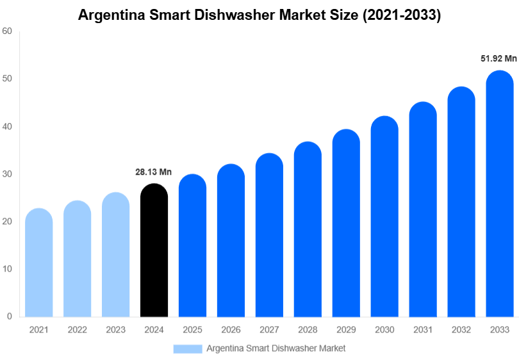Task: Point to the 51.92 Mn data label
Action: coord(498,58)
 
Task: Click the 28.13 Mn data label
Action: coord(153,172)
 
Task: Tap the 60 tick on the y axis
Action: coord(7,31)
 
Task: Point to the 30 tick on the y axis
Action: coord(7,174)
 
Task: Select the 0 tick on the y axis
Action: coord(10,316)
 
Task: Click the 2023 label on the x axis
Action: coord(115,329)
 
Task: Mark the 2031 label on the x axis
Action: coord(423,329)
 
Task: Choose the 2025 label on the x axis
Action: coord(192,329)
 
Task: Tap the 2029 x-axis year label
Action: coord(346,329)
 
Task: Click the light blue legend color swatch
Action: coord(188,348)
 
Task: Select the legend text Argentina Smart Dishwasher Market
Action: coord(276,348)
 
